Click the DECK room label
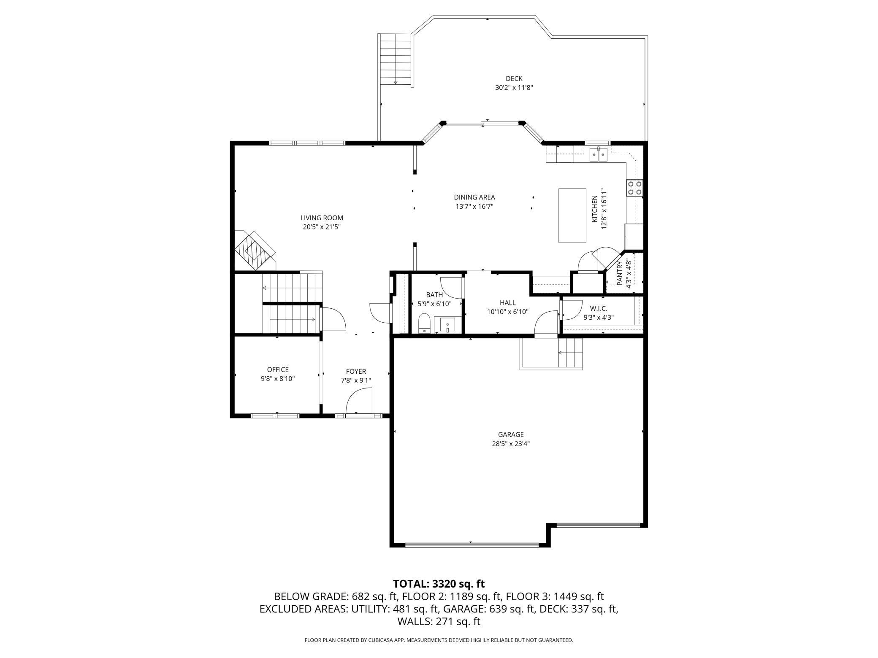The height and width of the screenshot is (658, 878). coord(514,78)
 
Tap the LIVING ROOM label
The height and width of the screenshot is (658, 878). coord(322,218)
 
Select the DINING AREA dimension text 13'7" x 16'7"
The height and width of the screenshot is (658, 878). coord(474,206)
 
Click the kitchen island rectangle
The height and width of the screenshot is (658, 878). coord(572,216)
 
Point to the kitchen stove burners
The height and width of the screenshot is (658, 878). coord(634,188)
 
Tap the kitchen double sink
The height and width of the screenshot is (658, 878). coord(599,154)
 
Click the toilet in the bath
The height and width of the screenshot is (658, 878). coord(424,324)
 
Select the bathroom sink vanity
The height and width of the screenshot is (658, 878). coord(447,325)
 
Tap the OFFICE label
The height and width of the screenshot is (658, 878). coord(278,370)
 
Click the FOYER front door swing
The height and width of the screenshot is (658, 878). coord(358,401)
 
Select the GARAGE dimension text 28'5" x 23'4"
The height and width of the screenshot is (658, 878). coord(511,444)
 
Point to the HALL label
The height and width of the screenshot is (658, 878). coord(508,303)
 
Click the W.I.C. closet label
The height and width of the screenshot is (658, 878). coord(599,309)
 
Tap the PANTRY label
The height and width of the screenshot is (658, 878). coord(620,273)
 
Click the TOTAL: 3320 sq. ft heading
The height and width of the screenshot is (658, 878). coord(439,584)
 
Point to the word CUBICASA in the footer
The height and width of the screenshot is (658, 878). coord(371,640)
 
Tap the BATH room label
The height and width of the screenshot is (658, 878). coord(434,295)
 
